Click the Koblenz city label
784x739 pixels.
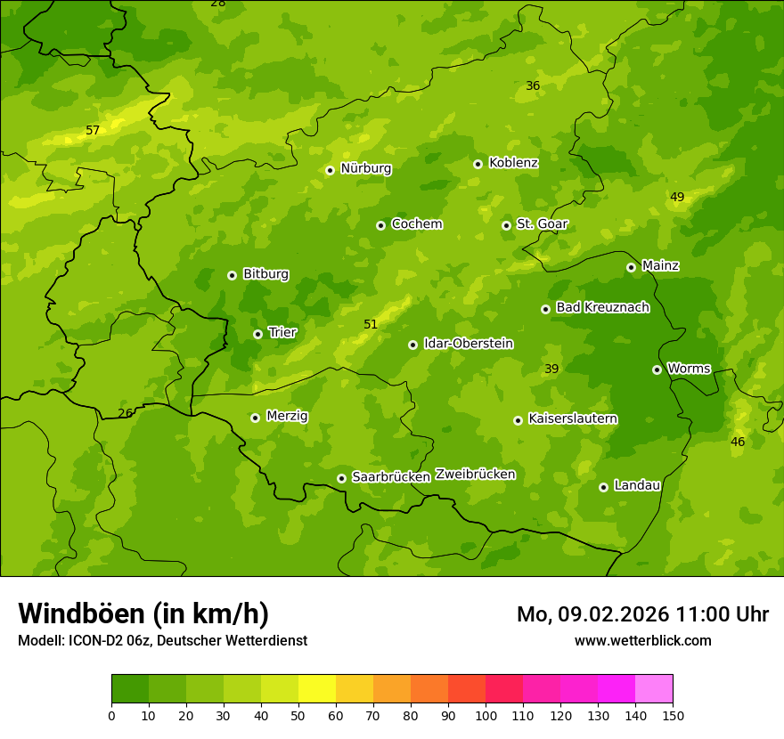513,163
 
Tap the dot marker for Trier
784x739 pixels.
258,334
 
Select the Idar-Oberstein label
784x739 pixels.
468,344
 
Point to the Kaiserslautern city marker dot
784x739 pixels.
518,420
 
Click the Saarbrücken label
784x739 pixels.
390,477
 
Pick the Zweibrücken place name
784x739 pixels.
475,475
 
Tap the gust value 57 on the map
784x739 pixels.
93,131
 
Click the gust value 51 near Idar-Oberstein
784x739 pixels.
371,325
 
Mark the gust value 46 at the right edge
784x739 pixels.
738,443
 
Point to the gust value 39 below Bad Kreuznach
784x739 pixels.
551,369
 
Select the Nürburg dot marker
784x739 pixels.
330,170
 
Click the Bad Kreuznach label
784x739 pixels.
602,308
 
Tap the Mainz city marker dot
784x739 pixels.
631,267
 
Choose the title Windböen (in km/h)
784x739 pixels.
143,613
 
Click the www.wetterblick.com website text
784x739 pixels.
642,641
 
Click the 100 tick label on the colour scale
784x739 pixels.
486,716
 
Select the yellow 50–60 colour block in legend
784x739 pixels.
317,689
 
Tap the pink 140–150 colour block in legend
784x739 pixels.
654,689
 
